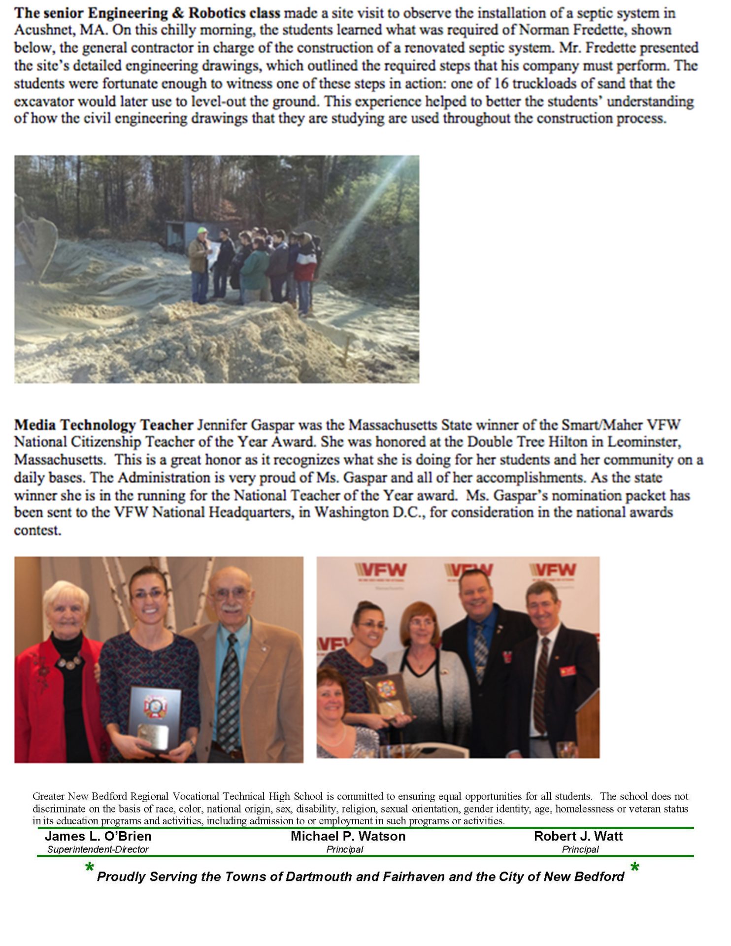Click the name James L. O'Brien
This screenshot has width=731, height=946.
click(x=98, y=836)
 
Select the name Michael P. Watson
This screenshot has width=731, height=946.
click(x=348, y=836)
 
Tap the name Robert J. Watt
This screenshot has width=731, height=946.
click(x=578, y=836)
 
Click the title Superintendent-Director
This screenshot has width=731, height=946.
click(x=98, y=849)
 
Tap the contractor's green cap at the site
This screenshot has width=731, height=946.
click(x=201, y=230)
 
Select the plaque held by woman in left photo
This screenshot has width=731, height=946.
click(x=155, y=717)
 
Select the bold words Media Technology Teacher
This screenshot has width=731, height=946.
click(x=103, y=425)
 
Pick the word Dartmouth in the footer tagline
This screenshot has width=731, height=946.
click(x=318, y=877)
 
